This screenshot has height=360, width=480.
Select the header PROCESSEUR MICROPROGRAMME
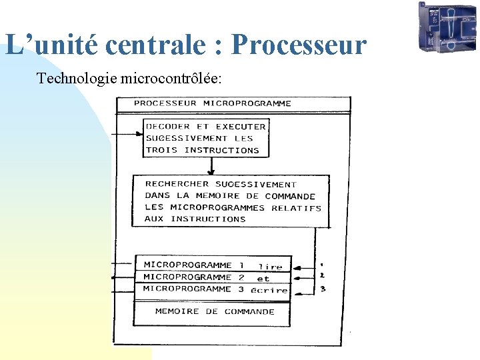[x=213, y=103]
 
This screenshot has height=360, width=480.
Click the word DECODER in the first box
[x=168, y=127]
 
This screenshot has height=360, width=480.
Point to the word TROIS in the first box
[x=162, y=151]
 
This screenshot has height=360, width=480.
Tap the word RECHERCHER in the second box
[x=177, y=184]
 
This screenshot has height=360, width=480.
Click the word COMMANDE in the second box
[x=290, y=196]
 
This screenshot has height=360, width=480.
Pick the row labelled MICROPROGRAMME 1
[x=194, y=265]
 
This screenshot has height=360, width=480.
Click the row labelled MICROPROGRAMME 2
[x=194, y=277]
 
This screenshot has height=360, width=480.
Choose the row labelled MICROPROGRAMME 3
[x=194, y=289]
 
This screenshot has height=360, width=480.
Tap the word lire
[x=270, y=267]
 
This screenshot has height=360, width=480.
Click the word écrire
[x=269, y=290]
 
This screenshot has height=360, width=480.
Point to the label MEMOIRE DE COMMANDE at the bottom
[x=215, y=311]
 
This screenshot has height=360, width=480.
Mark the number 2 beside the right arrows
[x=323, y=275]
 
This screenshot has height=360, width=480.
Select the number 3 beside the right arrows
[x=323, y=289]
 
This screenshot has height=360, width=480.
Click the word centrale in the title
[x=163, y=45]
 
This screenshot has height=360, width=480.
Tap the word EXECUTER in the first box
[x=241, y=127]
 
